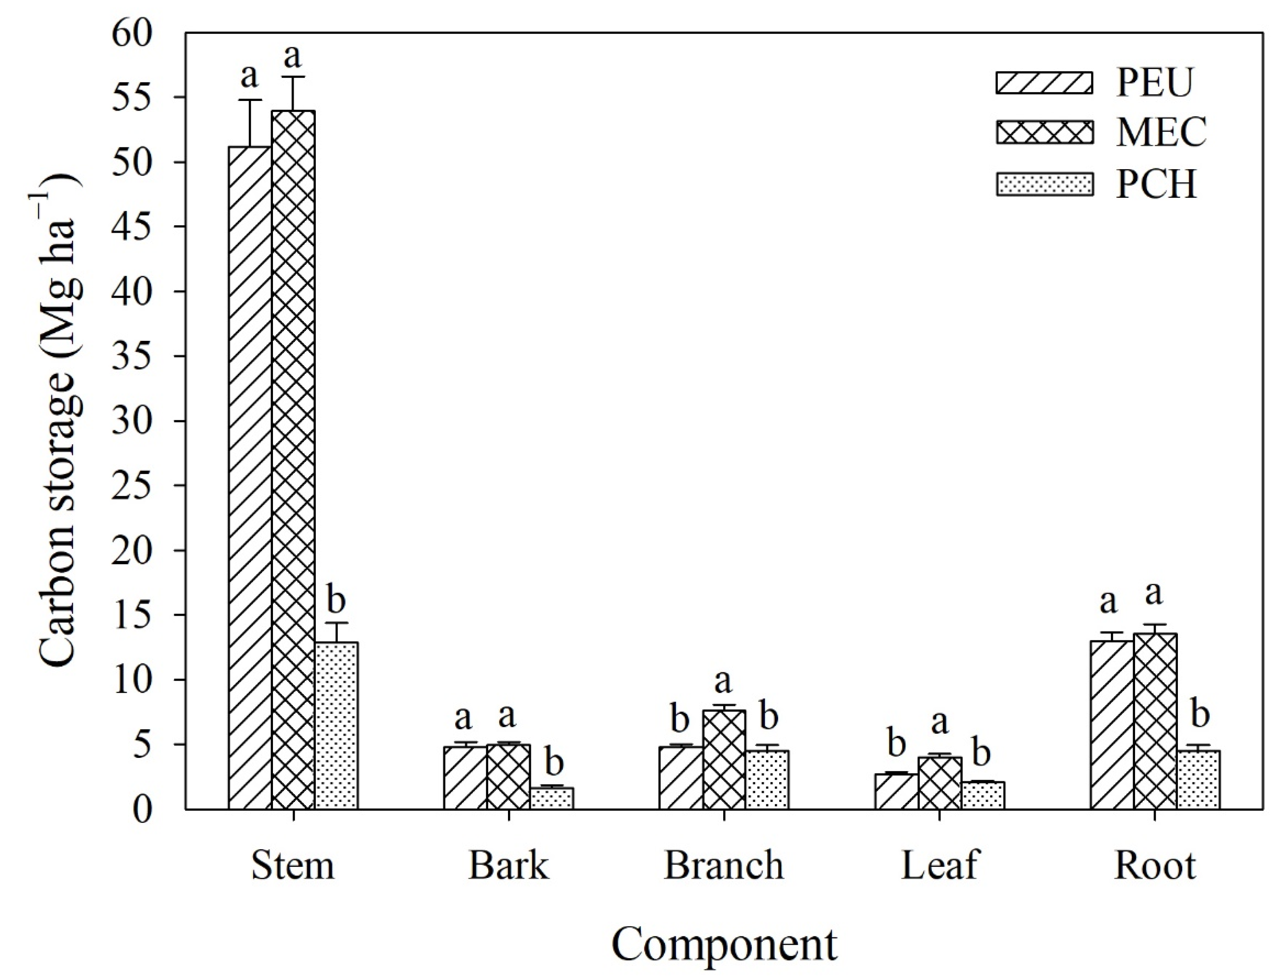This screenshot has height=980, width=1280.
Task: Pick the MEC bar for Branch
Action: pyautogui.click(x=724, y=760)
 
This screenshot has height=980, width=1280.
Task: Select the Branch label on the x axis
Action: pyautogui.click(x=724, y=865)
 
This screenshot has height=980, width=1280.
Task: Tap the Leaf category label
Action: pyautogui.click(x=939, y=865)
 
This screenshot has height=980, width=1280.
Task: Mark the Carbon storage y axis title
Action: pyautogui.click(x=58, y=420)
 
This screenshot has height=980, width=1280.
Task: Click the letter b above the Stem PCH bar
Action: pyautogui.click(x=336, y=601)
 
